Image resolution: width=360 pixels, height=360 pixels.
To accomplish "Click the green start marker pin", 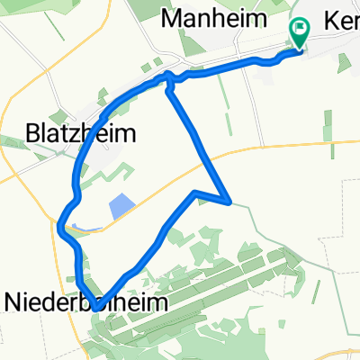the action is [299, 33].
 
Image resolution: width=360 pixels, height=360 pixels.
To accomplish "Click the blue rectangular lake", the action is [120, 208].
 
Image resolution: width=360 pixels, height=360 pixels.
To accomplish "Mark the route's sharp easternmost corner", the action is [231, 202].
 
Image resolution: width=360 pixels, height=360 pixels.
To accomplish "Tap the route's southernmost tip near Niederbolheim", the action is [95, 309].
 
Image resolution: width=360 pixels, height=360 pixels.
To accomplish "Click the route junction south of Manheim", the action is [167, 79].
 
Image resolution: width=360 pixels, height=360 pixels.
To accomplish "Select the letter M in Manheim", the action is [168, 17].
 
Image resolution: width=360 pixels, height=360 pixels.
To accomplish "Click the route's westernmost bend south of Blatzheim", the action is [60, 225].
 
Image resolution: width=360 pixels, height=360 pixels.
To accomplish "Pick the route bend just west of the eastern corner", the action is [195, 193].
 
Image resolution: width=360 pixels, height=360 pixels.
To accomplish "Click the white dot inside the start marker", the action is [299, 29].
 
